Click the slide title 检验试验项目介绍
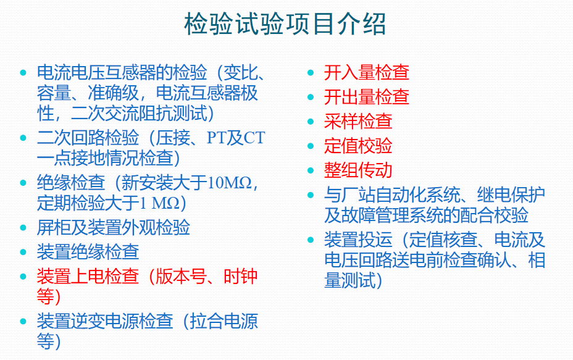point(285,25)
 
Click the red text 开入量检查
point(366,72)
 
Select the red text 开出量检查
point(366,97)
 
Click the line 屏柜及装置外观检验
point(113,227)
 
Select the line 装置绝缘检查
point(88,251)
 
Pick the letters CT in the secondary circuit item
point(253,138)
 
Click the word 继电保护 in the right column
point(511,195)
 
